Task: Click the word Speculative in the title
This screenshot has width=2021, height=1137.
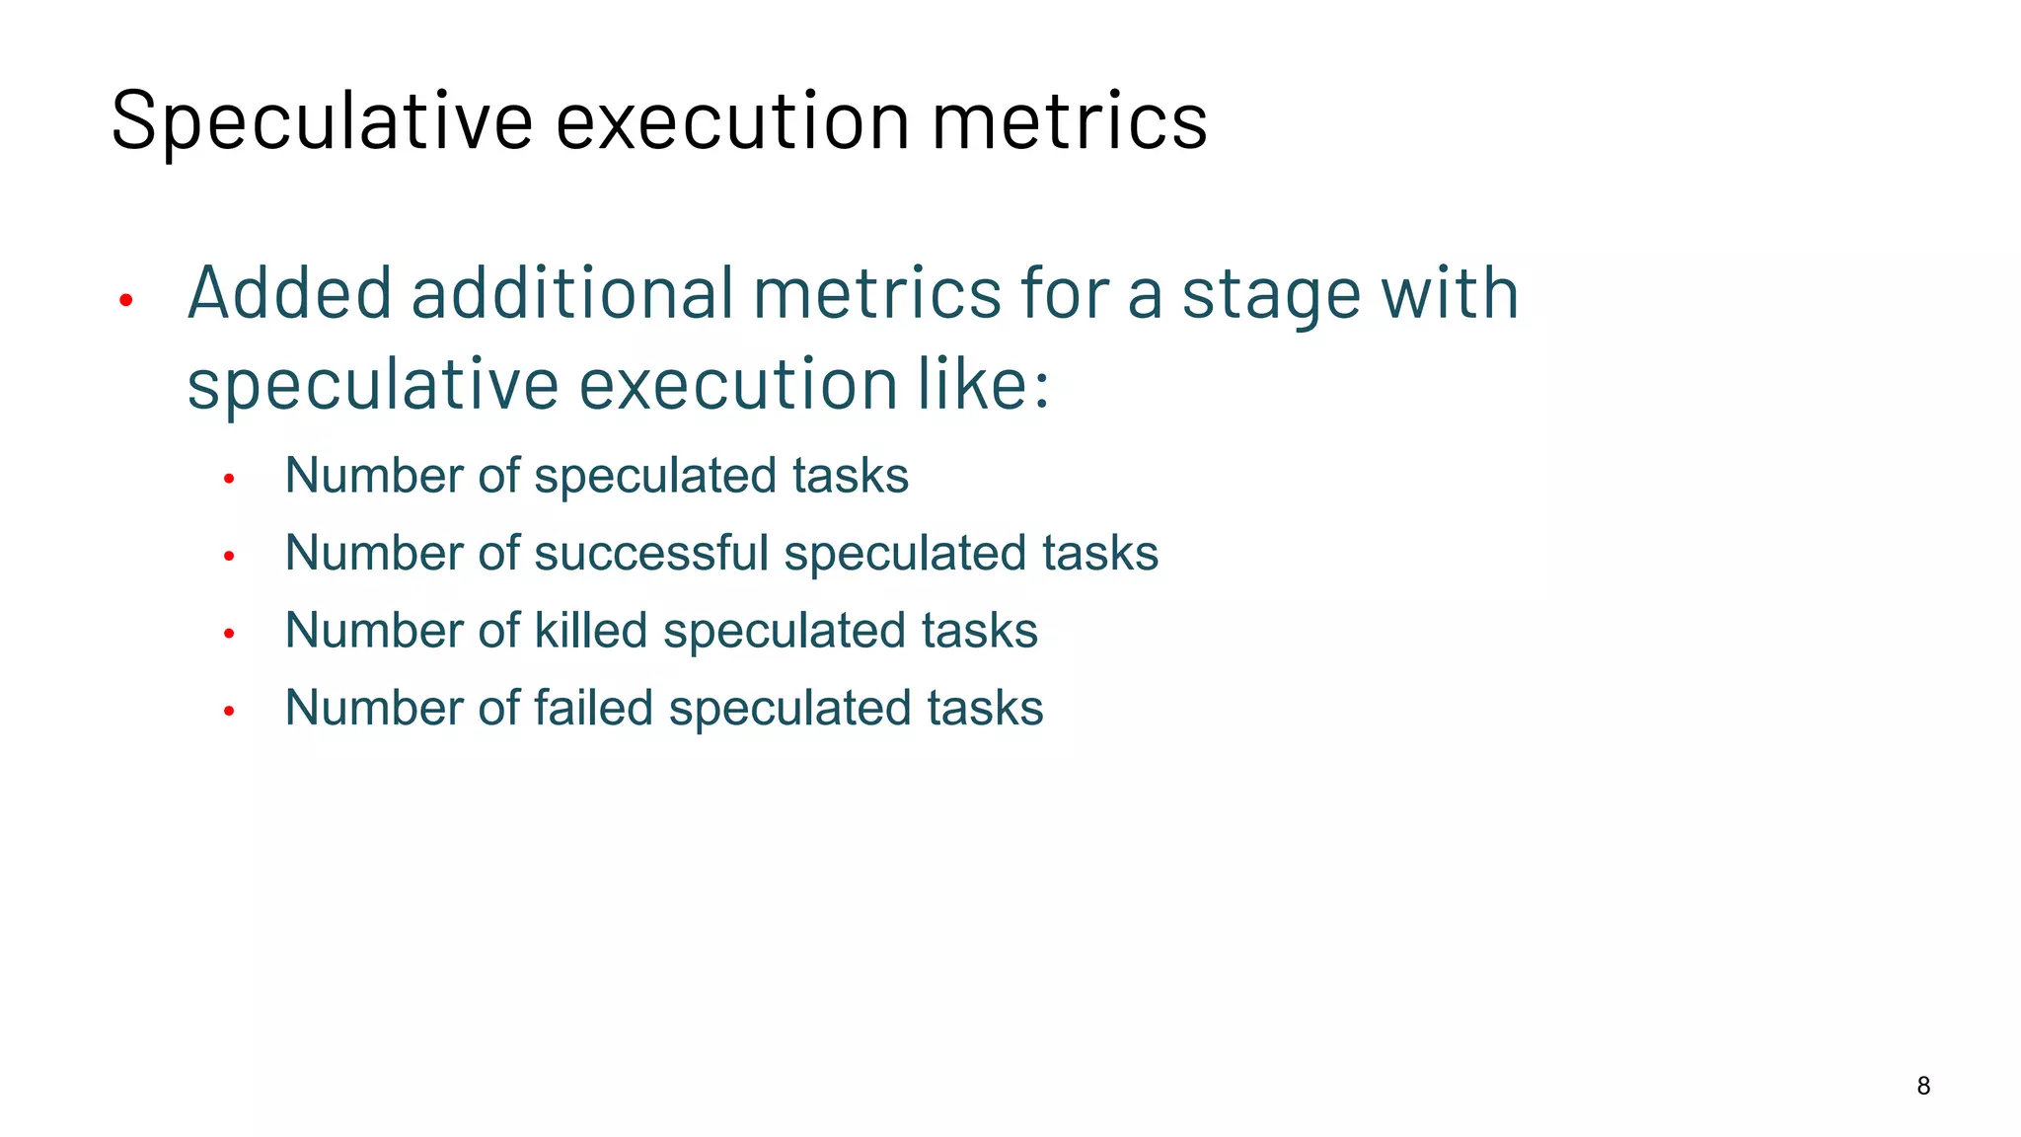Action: [x=322, y=121]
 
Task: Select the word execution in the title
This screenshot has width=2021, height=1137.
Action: [x=732, y=121]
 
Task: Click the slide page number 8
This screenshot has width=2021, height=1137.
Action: [x=1923, y=1086]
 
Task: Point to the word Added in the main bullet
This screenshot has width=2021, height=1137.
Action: [x=290, y=294]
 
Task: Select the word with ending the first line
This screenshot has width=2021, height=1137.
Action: [x=1450, y=294]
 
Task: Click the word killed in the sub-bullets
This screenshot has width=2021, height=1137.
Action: [x=591, y=631]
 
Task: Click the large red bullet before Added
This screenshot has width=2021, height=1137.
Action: [x=125, y=300]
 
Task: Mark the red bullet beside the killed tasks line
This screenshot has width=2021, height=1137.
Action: [x=229, y=634]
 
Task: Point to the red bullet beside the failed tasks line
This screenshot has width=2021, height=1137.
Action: [x=229, y=711]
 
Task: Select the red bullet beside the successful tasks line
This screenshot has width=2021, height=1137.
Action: [x=229, y=557]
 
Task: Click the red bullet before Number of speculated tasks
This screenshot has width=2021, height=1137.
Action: [x=229, y=480]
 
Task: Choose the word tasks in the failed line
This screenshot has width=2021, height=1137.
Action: [x=985, y=708]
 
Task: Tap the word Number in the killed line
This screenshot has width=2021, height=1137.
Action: [x=374, y=631]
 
